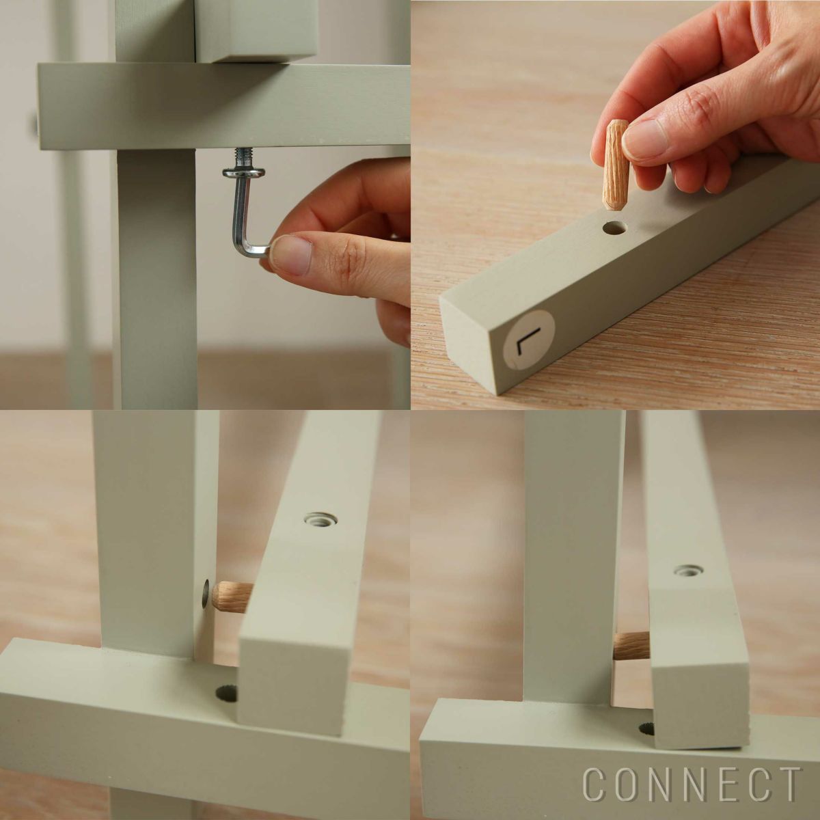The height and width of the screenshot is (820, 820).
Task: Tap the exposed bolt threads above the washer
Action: pos(243,157)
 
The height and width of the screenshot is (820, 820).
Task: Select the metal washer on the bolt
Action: pos(244,172)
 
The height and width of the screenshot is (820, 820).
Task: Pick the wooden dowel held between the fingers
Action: pos(616,165)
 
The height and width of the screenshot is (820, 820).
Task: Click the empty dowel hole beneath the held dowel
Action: pos(614,228)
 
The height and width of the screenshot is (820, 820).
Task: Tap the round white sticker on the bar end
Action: pos(528,339)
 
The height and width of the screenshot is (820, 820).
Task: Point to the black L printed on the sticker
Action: pos(528,340)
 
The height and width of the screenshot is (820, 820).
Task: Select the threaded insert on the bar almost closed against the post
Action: pos(688,570)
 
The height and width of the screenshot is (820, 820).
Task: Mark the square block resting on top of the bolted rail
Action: pos(256,31)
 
